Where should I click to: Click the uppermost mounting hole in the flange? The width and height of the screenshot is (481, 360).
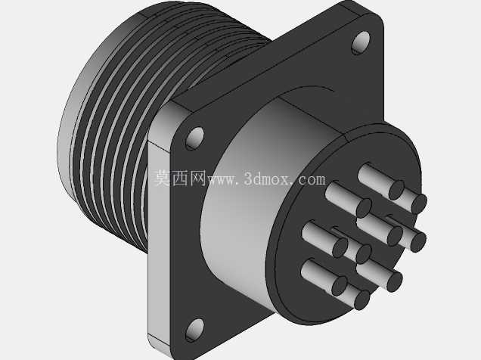tap(361, 42)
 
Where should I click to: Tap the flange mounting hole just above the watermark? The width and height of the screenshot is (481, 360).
tap(195, 138)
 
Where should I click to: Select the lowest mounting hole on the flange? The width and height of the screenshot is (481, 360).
tap(195, 330)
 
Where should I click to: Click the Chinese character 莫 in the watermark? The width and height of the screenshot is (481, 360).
tap(162, 178)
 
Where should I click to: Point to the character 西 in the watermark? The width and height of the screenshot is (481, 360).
tap(180, 178)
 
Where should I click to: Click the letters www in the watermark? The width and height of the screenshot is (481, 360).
tap(221, 180)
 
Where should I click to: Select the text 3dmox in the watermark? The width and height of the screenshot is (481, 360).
tap(265, 178)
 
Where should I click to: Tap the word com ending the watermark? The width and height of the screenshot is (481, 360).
tap(311, 180)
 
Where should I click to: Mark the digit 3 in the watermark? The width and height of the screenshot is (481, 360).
tap(248, 178)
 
